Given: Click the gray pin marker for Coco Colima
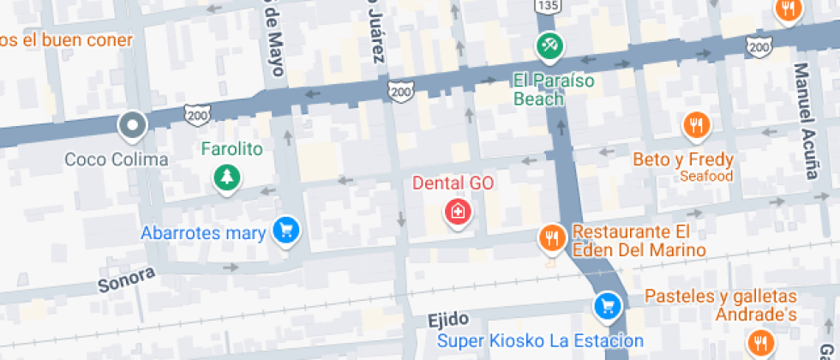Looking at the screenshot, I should coord(132,126).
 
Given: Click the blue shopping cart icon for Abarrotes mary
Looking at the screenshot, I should coord(285,230).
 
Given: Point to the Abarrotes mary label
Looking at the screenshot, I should coord(203,232).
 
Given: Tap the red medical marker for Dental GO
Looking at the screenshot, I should coord(458,211).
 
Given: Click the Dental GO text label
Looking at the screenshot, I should coord(453,183).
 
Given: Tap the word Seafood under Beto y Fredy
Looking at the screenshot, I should coord(706,177).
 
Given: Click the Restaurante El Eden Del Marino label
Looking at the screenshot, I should coord(631,241).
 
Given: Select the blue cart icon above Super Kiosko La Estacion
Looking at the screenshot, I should coord(607,305).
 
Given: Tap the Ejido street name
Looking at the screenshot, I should coord(447,320).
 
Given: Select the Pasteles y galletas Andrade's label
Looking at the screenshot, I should coord(721,306).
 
